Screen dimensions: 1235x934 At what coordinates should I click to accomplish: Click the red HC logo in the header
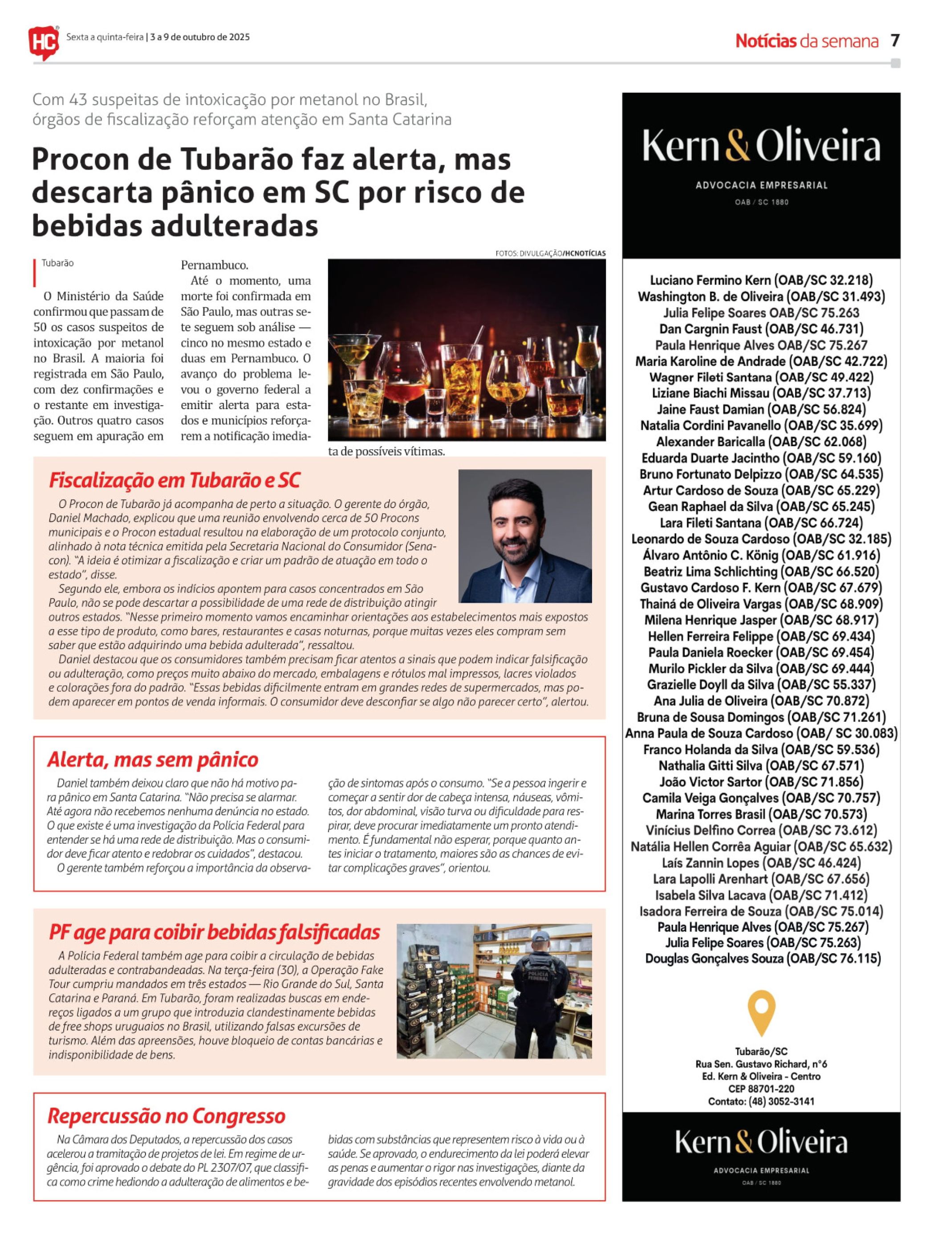pos(44,41)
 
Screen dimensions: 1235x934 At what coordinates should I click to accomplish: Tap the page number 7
pos(895,40)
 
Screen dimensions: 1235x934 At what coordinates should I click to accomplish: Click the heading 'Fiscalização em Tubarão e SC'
pos(174,480)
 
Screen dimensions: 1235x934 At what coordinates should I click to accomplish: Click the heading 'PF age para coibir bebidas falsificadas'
pos(215,932)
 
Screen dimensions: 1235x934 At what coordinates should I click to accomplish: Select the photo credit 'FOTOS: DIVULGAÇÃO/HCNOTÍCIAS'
pos(550,253)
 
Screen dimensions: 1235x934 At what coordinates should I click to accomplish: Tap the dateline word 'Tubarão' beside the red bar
pos(57,263)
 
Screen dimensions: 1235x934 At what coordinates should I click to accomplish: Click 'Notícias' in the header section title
pos(765,41)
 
